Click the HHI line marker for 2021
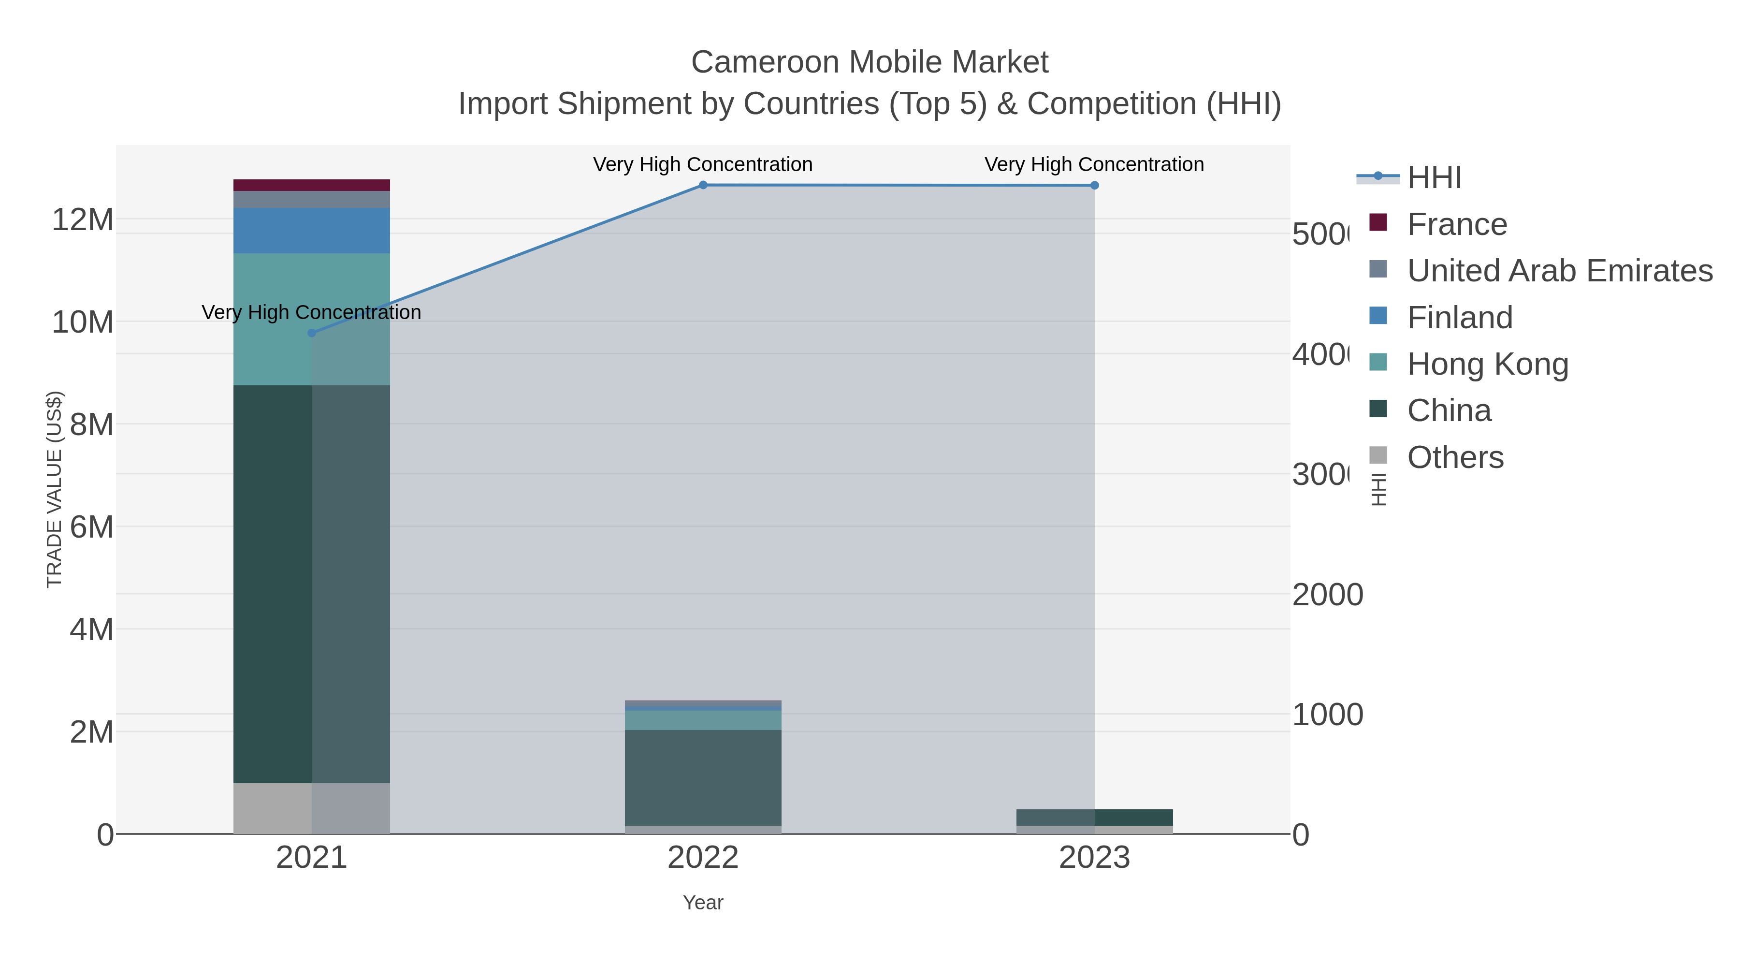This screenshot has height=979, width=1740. [311, 333]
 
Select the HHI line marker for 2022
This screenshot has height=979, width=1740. [703, 185]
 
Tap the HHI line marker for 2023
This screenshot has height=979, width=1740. [1094, 185]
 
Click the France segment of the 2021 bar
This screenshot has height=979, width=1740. [311, 185]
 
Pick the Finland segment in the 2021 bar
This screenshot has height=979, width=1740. [311, 231]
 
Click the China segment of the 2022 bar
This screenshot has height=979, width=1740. [703, 777]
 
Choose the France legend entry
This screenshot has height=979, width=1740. [1456, 224]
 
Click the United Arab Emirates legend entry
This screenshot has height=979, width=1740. [1559, 271]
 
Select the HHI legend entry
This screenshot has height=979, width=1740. [1434, 178]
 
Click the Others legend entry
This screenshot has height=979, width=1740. [1455, 457]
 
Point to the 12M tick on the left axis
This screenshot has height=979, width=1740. [82, 219]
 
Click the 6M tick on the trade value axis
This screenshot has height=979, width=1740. [91, 527]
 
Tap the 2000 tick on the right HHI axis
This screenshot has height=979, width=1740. [1327, 595]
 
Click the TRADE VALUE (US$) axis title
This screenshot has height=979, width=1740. [54, 489]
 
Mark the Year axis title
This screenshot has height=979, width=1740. [703, 903]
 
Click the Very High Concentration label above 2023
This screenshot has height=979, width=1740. [1094, 164]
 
